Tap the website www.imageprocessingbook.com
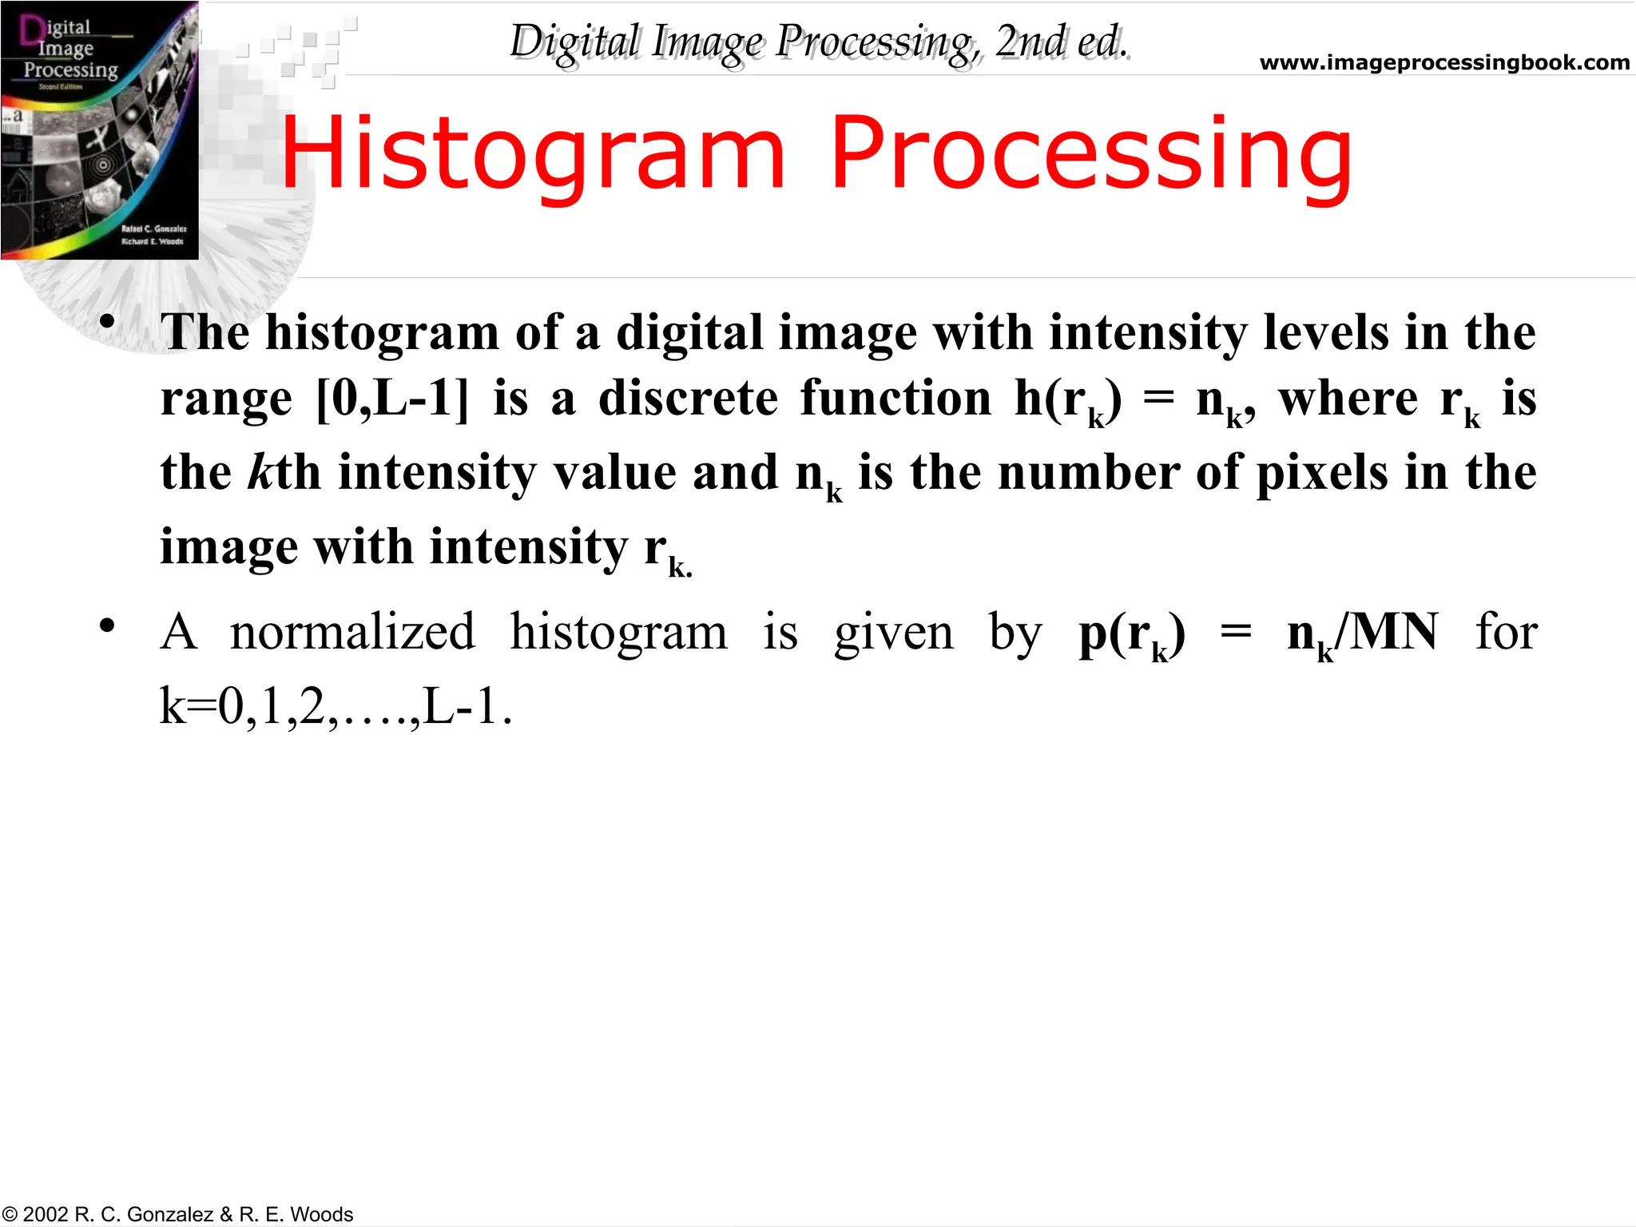[1444, 62]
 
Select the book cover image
[100, 130]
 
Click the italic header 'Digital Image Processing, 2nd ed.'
[819, 42]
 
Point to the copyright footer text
[177, 1214]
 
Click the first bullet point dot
[107, 323]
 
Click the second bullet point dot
[107, 625]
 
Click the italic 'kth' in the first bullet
[284, 472]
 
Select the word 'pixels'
[1322, 472]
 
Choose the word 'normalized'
[352, 632]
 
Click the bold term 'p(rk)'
[1131, 633]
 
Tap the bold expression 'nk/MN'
[1362, 633]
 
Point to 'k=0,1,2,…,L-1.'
[336, 706]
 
